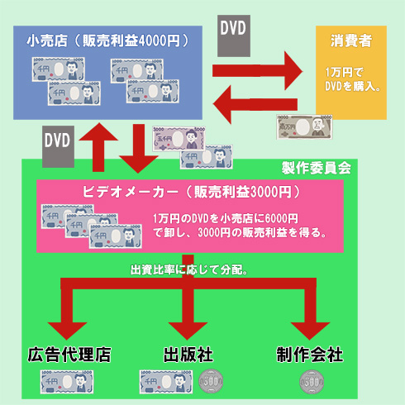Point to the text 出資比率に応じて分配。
pyautogui.click(x=191, y=269)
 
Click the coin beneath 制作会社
pyautogui.click(x=312, y=383)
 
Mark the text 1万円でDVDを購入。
pyautogui.click(x=353, y=80)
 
